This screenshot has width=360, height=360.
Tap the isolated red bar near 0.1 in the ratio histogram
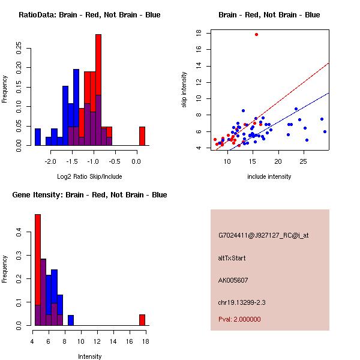coord(142,136)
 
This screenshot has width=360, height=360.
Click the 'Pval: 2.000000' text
coord(239,319)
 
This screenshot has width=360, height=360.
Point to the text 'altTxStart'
coord(232,258)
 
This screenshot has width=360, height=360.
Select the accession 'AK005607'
coord(233,280)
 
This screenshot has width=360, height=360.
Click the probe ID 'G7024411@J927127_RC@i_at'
coord(263,235)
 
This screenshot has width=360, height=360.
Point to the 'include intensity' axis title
coord(269,176)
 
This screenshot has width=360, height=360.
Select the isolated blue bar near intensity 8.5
coord(71,320)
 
